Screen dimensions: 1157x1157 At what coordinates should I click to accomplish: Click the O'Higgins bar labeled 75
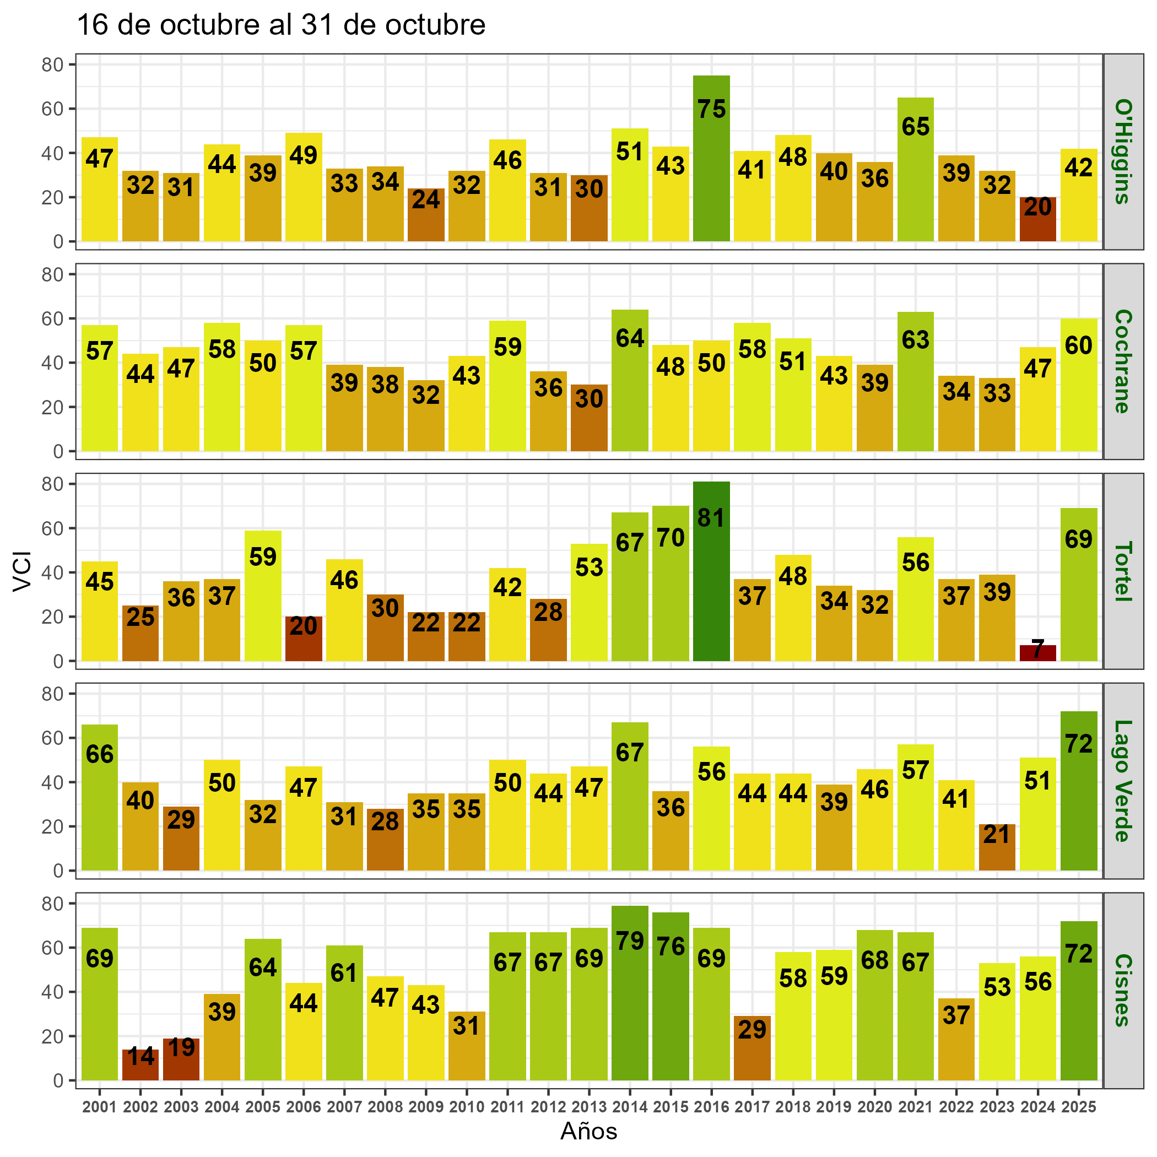click(x=711, y=158)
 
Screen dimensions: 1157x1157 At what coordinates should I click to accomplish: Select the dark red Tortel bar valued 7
click(x=1037, y=653)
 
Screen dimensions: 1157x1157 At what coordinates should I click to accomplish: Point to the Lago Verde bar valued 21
click(x=997, y=847)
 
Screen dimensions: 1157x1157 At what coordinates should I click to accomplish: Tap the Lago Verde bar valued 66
click(x=99, y=797)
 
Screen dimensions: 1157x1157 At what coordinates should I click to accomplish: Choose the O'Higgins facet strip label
click(x=1122, y=152)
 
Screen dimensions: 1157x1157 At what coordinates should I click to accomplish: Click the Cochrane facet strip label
click(x=1122, y=361)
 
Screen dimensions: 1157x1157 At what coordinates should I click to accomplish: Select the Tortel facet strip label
click(x=1122, y=571)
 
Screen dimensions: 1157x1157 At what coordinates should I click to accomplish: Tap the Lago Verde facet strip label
click(x=1122, y=781)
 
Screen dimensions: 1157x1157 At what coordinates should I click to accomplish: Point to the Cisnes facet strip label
click(x=1122, y=991)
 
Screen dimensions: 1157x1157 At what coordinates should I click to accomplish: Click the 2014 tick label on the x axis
click(x=629, y=1107)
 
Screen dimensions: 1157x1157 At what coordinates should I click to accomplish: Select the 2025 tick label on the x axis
click(x=1078, y=1107)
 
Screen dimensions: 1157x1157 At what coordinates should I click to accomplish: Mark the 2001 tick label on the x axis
click(x=99, y=1107)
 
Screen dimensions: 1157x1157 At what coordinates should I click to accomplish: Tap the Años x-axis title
click(x=588, y=1131)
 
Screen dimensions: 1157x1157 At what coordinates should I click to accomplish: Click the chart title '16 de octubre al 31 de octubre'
click(x=282, y=26)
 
